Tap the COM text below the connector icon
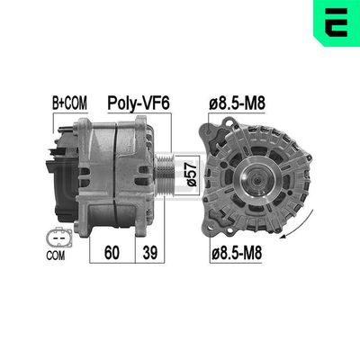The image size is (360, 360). [56, 256]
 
